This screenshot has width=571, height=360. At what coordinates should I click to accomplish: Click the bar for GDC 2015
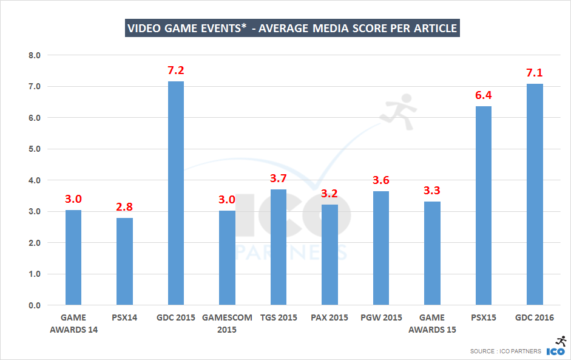coord(176,193)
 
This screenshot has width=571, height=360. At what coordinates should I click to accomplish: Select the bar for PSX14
coord(124,261)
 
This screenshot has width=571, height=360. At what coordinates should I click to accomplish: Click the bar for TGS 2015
coord(279,247)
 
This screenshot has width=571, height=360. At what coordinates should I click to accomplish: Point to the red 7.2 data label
coord(176,70)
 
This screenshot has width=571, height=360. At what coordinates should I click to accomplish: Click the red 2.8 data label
coord(124,207)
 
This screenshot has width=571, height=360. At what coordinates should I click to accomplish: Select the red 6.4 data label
coord(483,95)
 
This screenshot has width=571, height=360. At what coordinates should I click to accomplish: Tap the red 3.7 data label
coord(279,178)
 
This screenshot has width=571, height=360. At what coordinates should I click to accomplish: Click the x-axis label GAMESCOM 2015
coord(227,323)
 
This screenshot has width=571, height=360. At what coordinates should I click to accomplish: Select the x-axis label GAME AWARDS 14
coord(73,323)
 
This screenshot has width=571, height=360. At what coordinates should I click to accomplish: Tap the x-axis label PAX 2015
coord(329,318)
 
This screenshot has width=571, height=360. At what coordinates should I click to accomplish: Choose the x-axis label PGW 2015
coord(380,318)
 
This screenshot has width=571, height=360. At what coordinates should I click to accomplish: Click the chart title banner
coord(292,28)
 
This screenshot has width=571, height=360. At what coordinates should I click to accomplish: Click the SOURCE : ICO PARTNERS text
coord(505,352)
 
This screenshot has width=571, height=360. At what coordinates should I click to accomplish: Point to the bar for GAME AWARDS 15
coord(432,253)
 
